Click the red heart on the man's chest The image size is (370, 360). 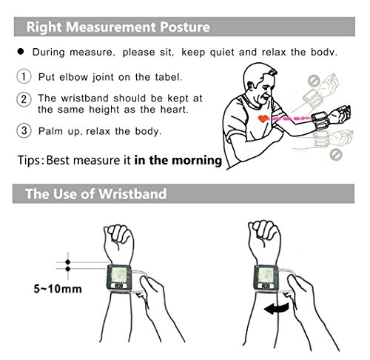tap(263, 119)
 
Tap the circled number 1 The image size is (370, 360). tap(24, 76)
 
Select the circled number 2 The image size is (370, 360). tap(24, 99)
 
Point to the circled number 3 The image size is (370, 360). tap(24, 130)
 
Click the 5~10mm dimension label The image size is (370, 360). tap(58, 289)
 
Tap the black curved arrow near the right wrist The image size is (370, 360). tap(276, 309)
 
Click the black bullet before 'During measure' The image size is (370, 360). tap(21, 51)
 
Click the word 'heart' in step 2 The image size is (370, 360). tap(175, 110)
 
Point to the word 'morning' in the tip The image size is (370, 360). tap(197, 161)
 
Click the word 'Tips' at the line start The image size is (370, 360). tap(29, 161)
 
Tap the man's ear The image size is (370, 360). tap(252, 85)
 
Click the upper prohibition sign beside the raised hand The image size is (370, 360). tap(314, 81)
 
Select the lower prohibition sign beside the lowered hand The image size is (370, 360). tap(336, 154)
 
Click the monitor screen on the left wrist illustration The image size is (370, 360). tap(118, 274)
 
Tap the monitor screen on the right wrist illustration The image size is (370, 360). tap(266, 274)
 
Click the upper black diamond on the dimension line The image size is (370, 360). tap(68, 262)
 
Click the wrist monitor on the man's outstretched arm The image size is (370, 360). tap(320, 121)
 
